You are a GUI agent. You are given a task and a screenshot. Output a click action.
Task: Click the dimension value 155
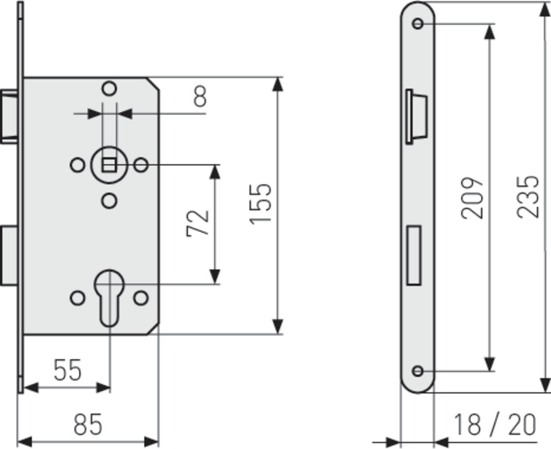coord(261,203)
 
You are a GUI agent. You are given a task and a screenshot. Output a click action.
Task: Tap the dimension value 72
coord(197,224)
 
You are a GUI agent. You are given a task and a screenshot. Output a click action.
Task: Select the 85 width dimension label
coord(88,424)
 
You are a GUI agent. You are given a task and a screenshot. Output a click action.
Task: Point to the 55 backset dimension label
coord(67,370)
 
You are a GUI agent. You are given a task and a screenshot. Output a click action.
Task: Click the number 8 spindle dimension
coord(200,96)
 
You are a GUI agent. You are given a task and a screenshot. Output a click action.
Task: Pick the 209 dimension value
coord(472,198)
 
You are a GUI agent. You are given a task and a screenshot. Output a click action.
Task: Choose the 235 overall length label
coord(527,197)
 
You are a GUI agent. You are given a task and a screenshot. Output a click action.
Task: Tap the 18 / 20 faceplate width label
coord(495,424)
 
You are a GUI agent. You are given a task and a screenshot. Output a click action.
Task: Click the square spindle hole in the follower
coord(109,165)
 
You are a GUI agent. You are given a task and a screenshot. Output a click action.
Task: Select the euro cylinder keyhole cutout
coord(109,298)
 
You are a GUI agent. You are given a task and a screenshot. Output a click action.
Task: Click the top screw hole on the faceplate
coord(418,24)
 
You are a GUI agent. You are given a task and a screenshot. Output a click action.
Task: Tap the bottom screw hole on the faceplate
coord(418,371)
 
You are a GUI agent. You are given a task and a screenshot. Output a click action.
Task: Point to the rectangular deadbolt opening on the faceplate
coord(414,256)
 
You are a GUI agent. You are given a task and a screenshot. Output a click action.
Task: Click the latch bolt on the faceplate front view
coord(417,117)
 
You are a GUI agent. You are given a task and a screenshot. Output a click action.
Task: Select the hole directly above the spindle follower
coord(109,89)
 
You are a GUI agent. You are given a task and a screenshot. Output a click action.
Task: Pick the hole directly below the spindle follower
coord(109,201)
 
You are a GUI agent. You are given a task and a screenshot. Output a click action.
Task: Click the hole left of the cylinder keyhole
coord(78,298)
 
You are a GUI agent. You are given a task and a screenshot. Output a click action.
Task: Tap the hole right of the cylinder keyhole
coord(141,298)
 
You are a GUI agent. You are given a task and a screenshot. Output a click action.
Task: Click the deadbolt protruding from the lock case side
coord(9,256)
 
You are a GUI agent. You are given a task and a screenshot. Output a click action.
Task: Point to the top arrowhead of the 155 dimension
coord(278,84)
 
